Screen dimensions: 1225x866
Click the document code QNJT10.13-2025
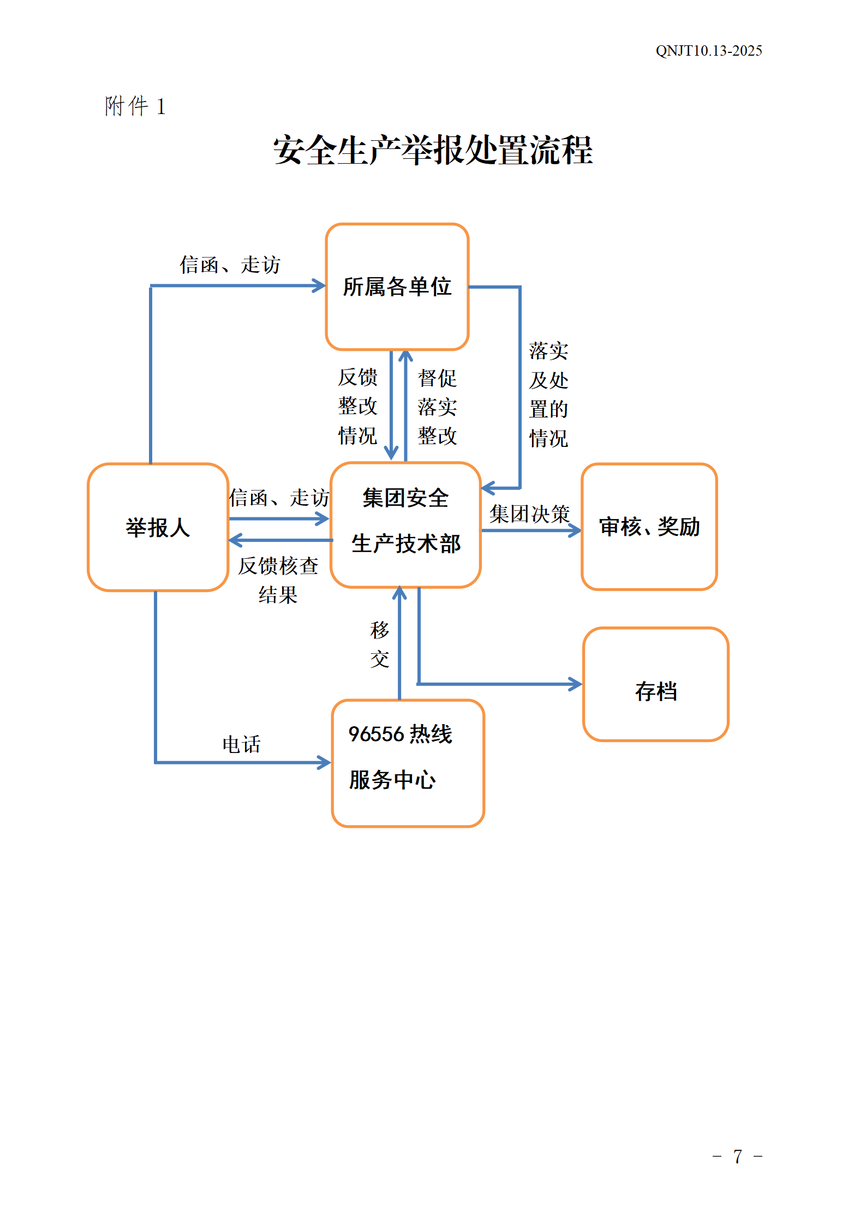(x=708, y=51)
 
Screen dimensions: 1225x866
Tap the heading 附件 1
(x=135, y=106)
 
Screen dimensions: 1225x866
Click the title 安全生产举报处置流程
(x=433, y=150)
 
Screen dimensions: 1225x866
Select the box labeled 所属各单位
(x=397, y=287)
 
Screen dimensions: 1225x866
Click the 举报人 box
(x=158, y=527)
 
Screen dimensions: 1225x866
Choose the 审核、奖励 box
(x=649, y=527)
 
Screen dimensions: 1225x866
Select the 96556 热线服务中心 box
(x=408, y=763)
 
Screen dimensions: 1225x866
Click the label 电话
(x=241, y=744)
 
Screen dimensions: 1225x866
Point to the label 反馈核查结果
(x=278, y=580)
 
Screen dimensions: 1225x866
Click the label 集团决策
(x=529, y=513)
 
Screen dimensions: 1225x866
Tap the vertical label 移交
(x=379, y=644)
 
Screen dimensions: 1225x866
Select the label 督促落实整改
(x=437, y=407)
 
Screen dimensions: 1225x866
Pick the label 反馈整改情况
(x=357, y=406)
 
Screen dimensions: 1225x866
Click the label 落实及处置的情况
(x=548, y=395)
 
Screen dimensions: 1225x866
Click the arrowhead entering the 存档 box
(x=576, y=684)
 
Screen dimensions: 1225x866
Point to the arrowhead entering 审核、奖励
(x=575, y=530)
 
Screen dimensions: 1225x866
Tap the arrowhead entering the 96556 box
(x=325, y=762)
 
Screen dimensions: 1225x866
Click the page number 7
(x=737, y=1156)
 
